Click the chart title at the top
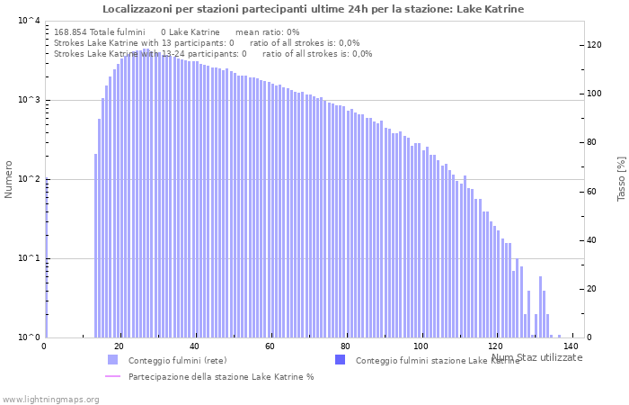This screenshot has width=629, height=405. [313, 9]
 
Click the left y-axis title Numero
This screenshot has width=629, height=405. [9, 179]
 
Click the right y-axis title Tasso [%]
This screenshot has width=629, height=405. [621, 178]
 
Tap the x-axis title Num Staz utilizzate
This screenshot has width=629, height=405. [536, 357]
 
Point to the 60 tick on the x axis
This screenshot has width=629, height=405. [270, 346]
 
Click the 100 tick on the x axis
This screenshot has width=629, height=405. [421, 346]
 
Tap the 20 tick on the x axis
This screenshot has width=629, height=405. [120, 346]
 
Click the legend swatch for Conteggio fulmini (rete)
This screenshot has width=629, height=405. [112, 360]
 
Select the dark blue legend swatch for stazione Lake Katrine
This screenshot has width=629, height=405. [340, 360]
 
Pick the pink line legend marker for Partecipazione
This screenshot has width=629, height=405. [112, 376]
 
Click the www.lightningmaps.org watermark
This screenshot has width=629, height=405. [50, 399]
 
